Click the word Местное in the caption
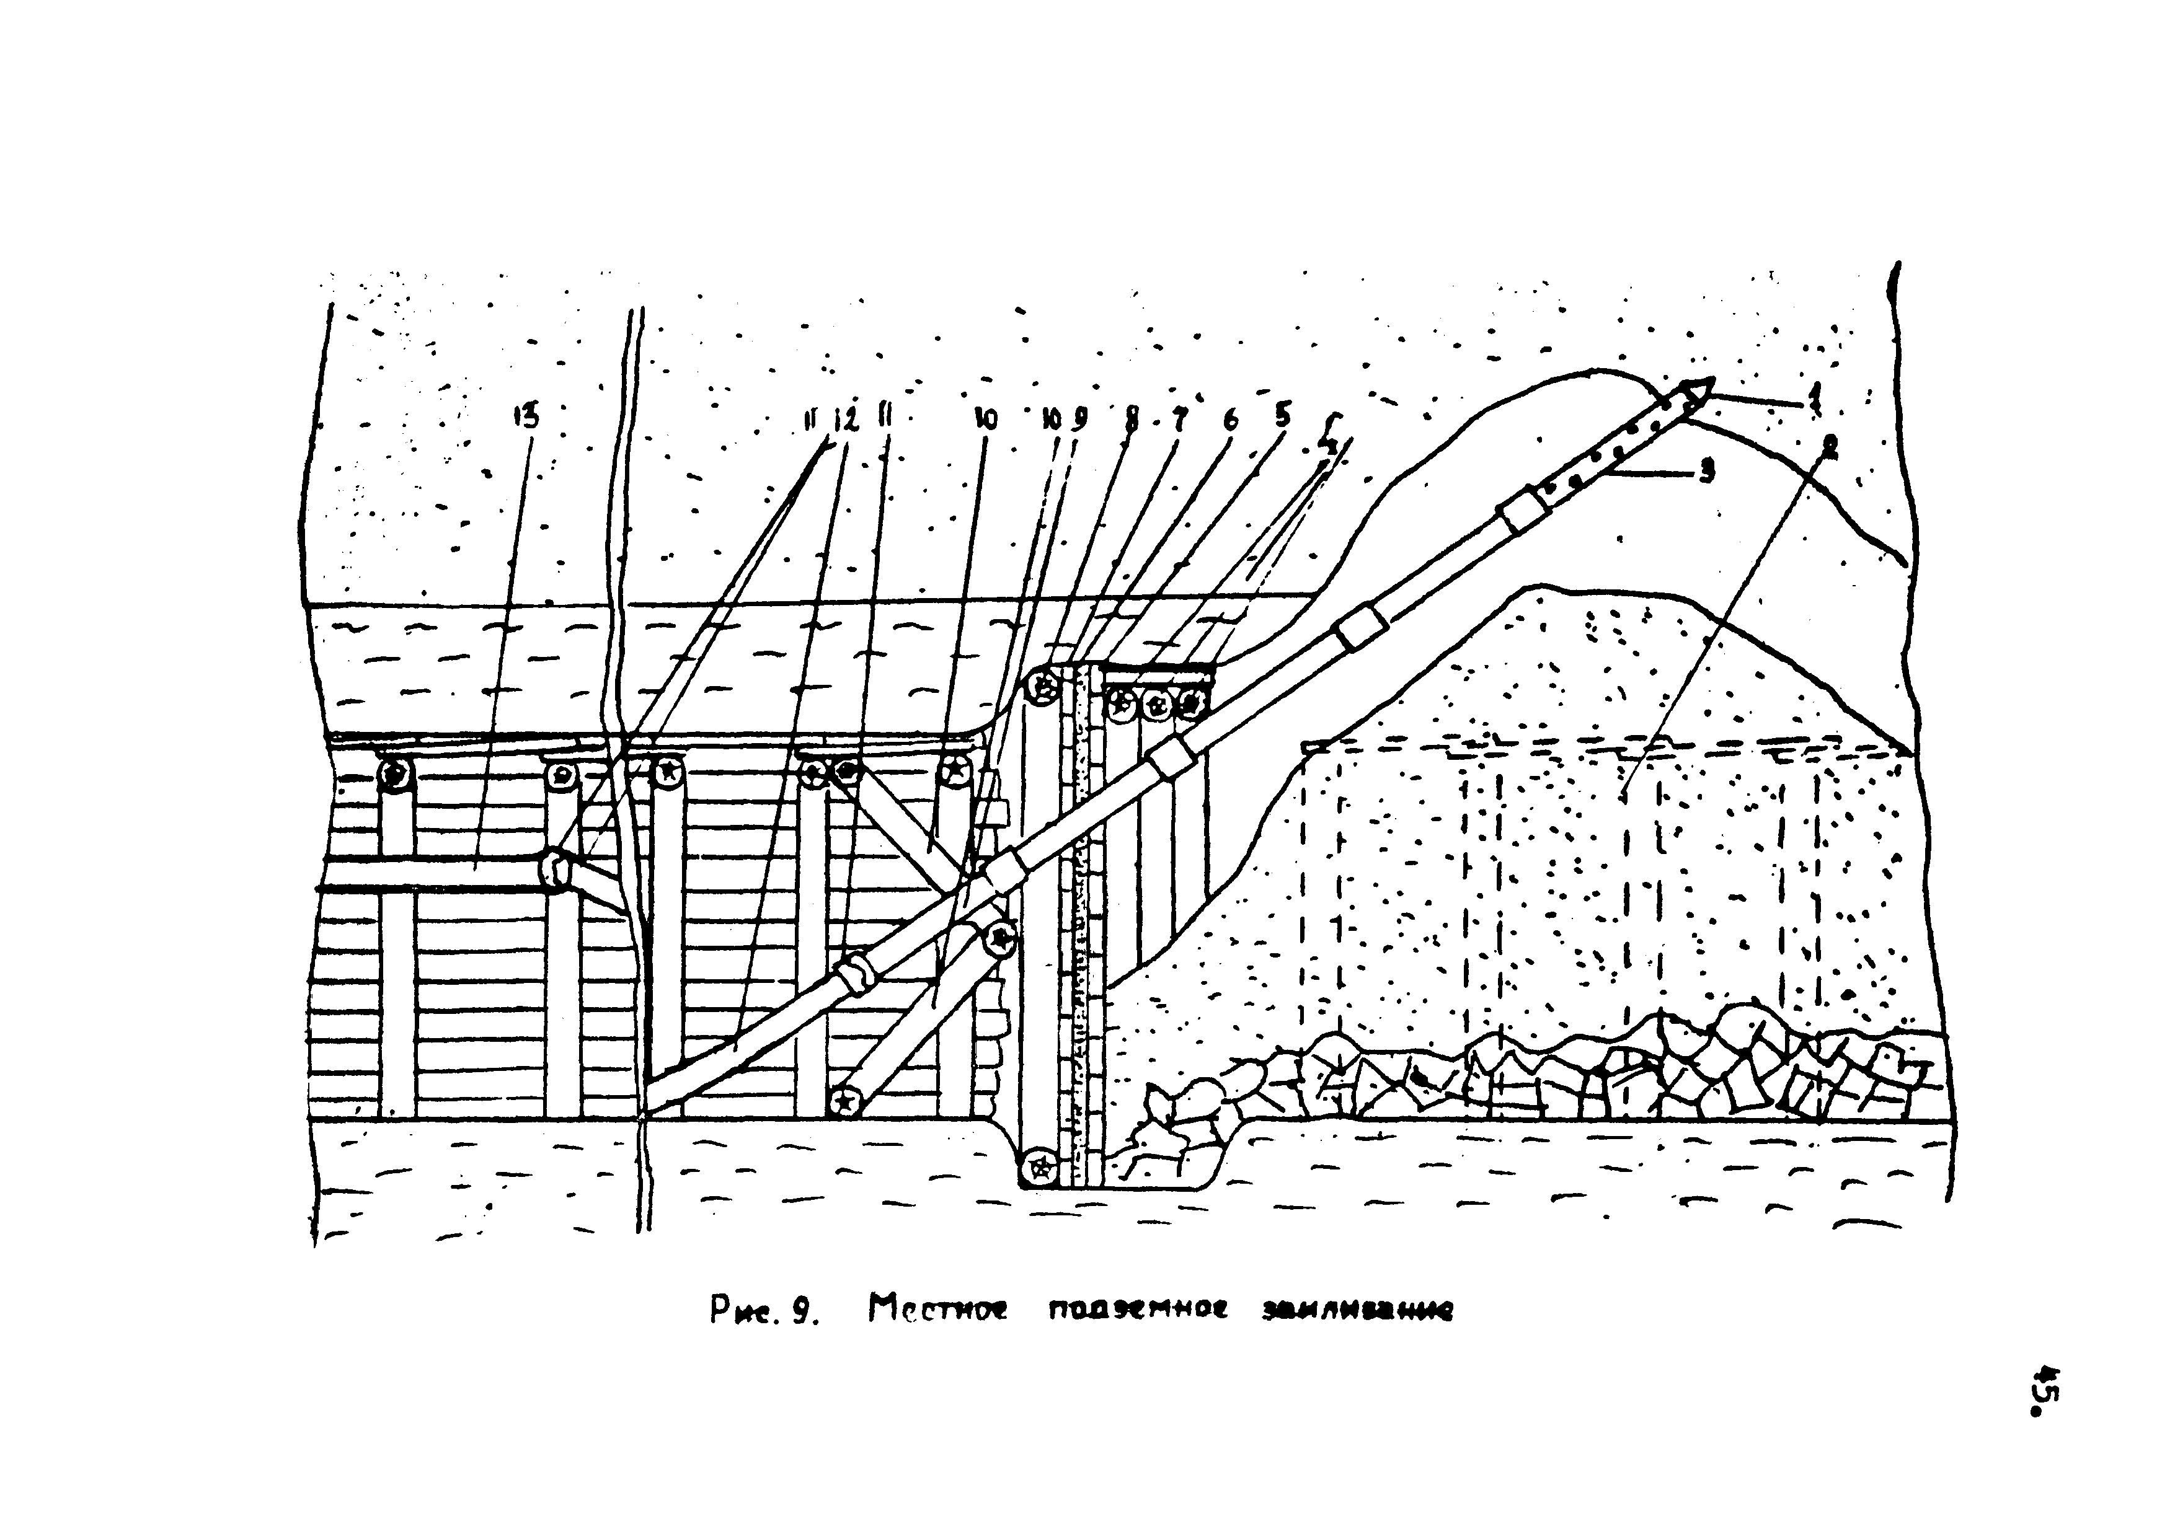(939, 1311)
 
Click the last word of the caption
(1357, 1311)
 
